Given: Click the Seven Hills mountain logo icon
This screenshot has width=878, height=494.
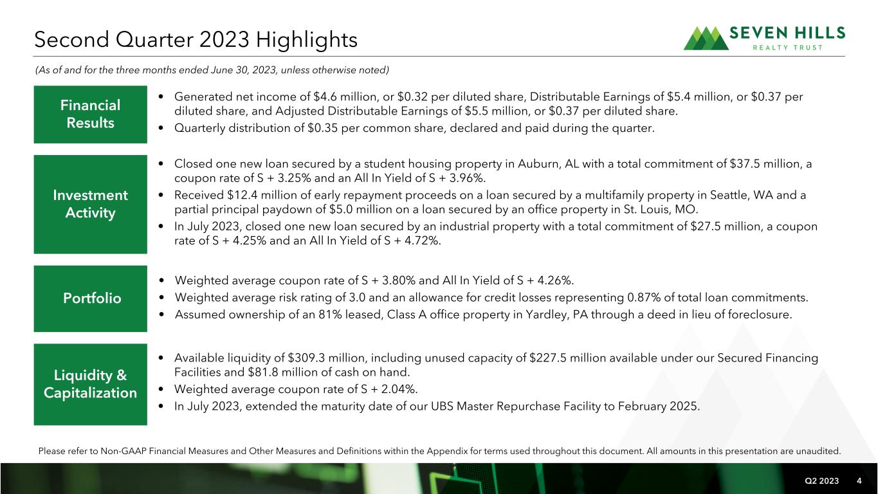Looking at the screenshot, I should pyautogui.click(x=706, y=39).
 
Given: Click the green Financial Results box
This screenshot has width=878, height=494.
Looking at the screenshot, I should pyautogui.click(x=91, y=114).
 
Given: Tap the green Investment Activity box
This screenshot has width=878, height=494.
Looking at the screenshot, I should pyautogui.click(x=91, y=204).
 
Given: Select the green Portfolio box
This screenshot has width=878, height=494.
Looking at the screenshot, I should pyautogui.click(x=91, y=298).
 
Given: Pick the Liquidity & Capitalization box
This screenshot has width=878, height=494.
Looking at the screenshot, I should pyautogui.click(x=91, y=384).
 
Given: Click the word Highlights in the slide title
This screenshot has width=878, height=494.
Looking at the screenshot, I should pyautogui.click(x=306, y=40).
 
